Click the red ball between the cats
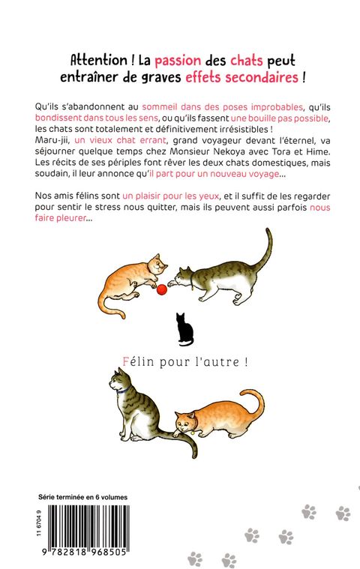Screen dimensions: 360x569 coord(161,289)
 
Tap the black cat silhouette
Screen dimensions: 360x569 coord(185,330)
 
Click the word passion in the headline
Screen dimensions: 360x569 coord(178,61)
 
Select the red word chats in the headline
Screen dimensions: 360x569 coord(247,60)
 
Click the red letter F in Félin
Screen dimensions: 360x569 coord(126,361)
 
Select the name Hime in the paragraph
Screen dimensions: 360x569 coord(320,151)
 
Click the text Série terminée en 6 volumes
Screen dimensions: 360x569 coord(82,497)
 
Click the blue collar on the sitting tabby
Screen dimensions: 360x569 coord(124,391)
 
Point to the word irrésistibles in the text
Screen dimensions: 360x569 coord(242,129)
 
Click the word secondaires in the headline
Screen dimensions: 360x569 coord(262,77)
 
